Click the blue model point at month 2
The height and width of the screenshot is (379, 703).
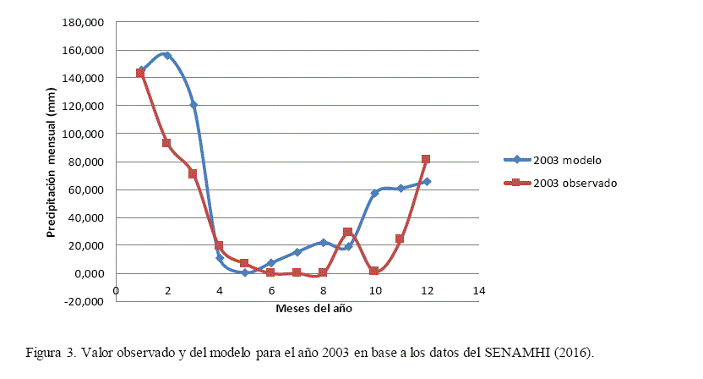click(x=167, y=56)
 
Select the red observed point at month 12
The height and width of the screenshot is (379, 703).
click(x=426, y=159)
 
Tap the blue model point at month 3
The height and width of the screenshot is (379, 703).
click(x=193, y=105)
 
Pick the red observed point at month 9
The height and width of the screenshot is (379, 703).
click(x=348, y=232)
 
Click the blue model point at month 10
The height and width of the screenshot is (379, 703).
click(x=374, y=193)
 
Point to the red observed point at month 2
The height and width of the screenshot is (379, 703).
click(x=167, y=143)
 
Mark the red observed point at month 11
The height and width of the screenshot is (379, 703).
click(x=400, y=239)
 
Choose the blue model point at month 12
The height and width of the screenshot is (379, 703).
click(x=427, y=181)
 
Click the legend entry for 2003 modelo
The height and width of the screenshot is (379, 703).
click(x=567, y=160)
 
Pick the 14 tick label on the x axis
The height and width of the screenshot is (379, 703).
click(x=479, y=291)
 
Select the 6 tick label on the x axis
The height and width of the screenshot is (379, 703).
click(x=271, y=291)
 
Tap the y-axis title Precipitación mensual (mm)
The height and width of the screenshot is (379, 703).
click(x=52, y=162)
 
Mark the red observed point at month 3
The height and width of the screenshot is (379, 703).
click(x=193, y=174)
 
